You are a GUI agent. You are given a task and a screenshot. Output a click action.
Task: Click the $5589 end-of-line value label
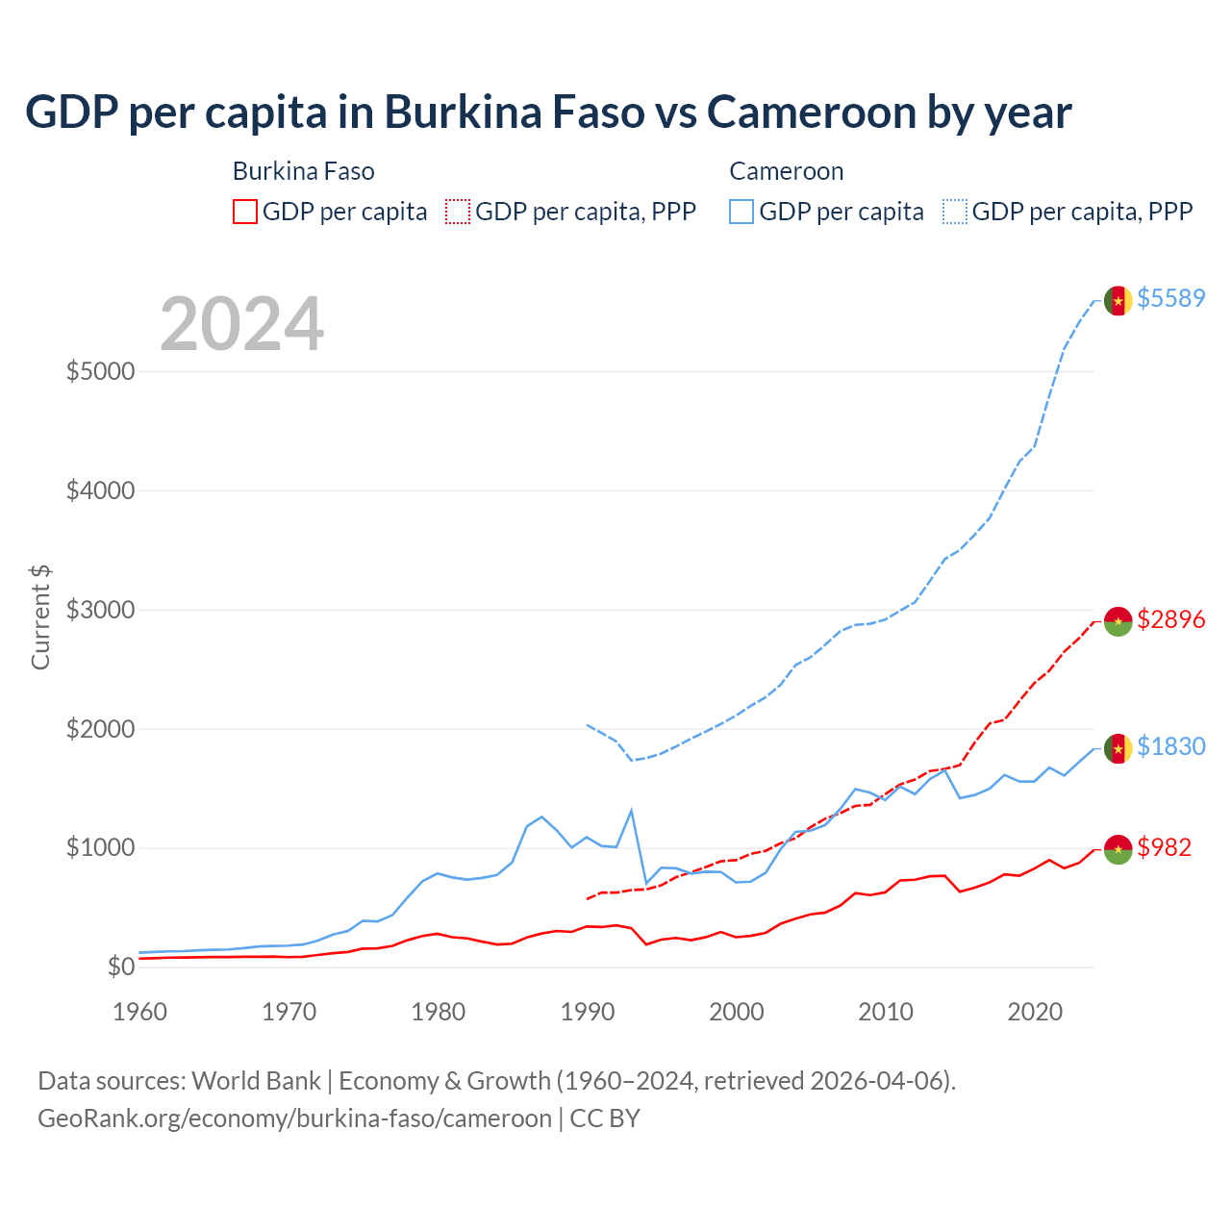[1170, 298]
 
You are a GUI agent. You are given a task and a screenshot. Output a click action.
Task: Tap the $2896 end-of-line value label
[1170, 619]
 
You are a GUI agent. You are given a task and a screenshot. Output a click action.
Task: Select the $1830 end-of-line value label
[1170, 746]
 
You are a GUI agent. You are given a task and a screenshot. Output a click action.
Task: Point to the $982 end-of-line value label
[1164, 847]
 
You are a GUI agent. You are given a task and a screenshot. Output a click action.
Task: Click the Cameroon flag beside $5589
[1118, 300]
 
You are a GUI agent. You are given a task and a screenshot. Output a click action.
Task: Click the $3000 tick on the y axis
[100, 610]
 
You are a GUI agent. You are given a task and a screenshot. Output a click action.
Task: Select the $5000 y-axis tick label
[100, 371]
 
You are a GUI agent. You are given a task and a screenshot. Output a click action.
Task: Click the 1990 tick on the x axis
[588, 1012]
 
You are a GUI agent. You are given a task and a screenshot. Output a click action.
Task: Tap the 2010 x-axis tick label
[886, 1012]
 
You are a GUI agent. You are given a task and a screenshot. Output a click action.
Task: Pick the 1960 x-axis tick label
[140, 1012]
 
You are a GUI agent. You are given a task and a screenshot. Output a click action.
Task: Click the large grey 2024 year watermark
[241, 324]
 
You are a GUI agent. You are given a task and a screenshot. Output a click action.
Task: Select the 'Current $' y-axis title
[40, 617]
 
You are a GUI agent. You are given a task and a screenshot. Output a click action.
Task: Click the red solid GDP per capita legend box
[245, 212]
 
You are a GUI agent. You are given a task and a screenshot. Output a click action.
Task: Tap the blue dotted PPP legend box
[955, 212]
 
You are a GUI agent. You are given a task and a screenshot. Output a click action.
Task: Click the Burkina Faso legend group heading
[303, 171]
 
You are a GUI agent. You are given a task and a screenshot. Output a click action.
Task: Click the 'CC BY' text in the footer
[605, 1118]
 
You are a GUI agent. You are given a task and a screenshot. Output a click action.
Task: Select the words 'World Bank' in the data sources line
[256, 1081]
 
